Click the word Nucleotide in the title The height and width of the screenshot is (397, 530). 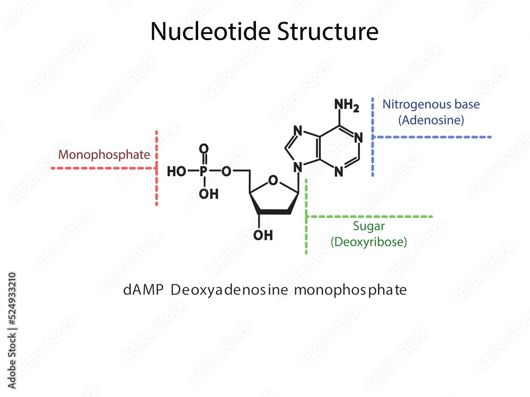click(210, 32)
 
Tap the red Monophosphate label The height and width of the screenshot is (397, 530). click(104, 155)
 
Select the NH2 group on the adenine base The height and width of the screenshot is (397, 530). click(347, 106)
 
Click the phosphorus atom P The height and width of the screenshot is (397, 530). click(204, 172)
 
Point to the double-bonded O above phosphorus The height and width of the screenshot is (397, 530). click(204, 149)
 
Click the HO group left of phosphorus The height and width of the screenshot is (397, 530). click(176, 172)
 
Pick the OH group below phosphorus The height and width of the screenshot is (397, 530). click(209, 194)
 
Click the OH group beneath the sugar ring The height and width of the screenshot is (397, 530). click(263, 234)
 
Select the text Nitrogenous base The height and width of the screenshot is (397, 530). click(431, 104)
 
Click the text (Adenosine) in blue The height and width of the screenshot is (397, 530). click(431, 120)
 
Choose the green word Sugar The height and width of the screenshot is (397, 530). click(369, 227)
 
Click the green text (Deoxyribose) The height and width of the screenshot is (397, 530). click(369, 242)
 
